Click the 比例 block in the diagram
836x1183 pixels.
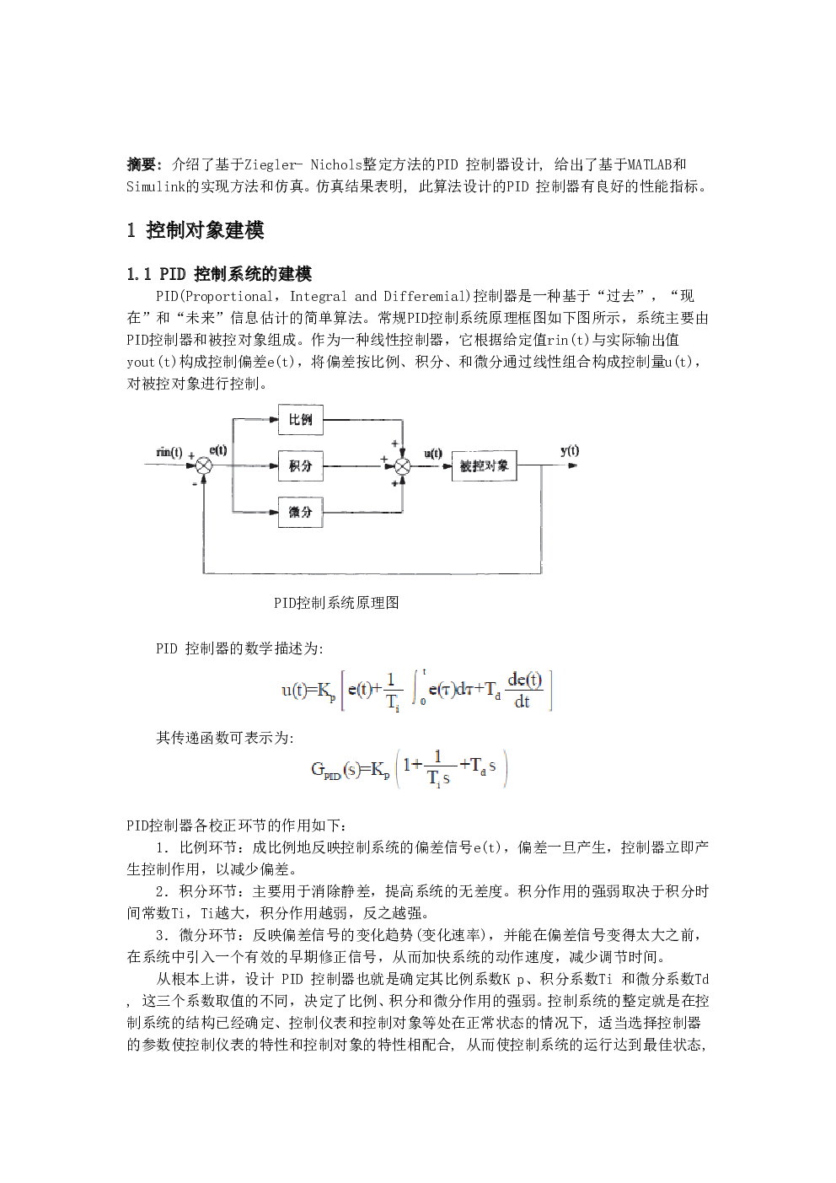tap(300, 420)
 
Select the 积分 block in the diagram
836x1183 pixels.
tap(300, 465)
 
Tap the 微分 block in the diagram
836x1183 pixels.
tap(300, 512)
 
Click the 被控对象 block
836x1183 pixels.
tap(484, 465)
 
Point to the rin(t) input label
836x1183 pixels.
tap(169, 453)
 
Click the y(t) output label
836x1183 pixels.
tap(570, 450)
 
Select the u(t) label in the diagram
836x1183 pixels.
tap(433, 453)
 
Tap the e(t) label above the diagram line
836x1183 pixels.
tap(218, 450)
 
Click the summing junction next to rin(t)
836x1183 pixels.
tap(204, 465)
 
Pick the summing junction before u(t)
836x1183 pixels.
tap(403, 465)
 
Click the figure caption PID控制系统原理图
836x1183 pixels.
tap(336, 603)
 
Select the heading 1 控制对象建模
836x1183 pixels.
tap(196, 230)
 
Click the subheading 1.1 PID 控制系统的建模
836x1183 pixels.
tap(220, 273)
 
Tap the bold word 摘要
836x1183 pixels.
tap(142, 164)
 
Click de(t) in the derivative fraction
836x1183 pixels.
tap(525, 680)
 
